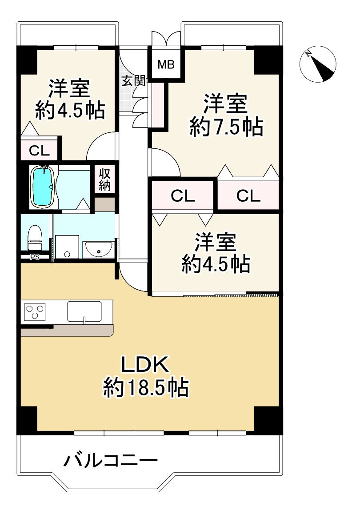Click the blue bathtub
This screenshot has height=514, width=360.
tap(43, 187)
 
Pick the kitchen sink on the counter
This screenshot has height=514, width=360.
tap(84, 311)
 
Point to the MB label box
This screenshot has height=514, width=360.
tap(166, 64)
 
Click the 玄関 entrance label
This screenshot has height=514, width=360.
tap(133, 81)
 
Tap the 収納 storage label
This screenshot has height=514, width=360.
tap(104, 179)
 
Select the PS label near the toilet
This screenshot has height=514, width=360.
tap(34, 257)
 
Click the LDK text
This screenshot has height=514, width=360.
tap(146, 365)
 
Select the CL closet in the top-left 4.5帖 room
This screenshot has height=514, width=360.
tap(39, 150)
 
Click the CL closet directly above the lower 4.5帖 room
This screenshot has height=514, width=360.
tap(183, 196)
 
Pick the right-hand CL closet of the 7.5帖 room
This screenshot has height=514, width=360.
tap(248, 196)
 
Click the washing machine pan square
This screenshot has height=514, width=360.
tap(67, 247)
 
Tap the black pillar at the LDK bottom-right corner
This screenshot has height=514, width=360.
tap(268, 420)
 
